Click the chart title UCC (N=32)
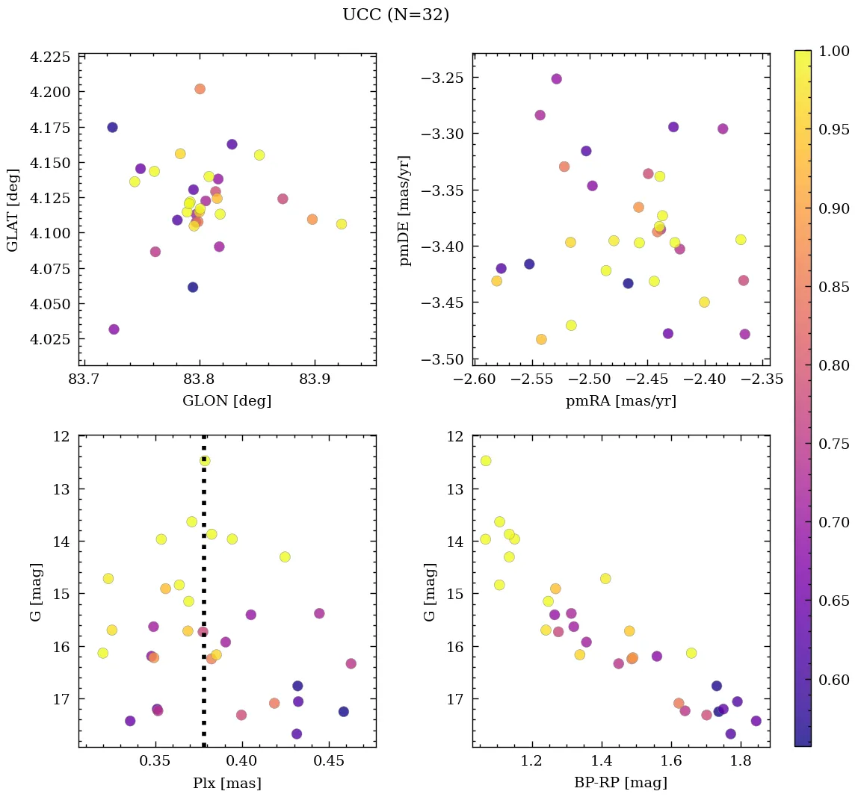[395, 15]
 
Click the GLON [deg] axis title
[226, 401]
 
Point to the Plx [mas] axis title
[226, 783]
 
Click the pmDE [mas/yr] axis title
[405, 209]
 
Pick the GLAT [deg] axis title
[13, 209]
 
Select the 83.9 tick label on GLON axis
[314, 379]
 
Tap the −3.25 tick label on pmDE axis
[442, 78]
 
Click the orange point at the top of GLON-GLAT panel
[200, 89]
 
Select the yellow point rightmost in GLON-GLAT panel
[341, 224]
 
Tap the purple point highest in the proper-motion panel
[556, 79]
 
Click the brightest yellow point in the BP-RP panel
[486, 461]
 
